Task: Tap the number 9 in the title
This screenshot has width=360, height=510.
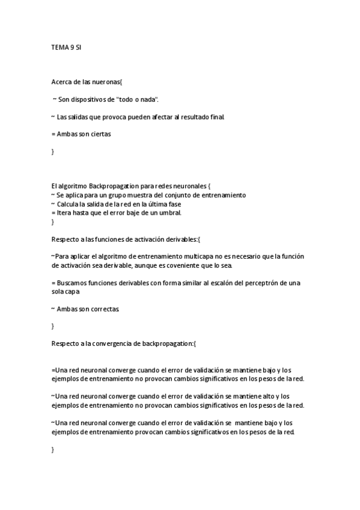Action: (72, 46)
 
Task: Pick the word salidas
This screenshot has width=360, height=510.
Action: (79, 117)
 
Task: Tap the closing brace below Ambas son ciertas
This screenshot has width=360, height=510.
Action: (53, 152)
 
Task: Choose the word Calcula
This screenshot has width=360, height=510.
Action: (69, 204)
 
